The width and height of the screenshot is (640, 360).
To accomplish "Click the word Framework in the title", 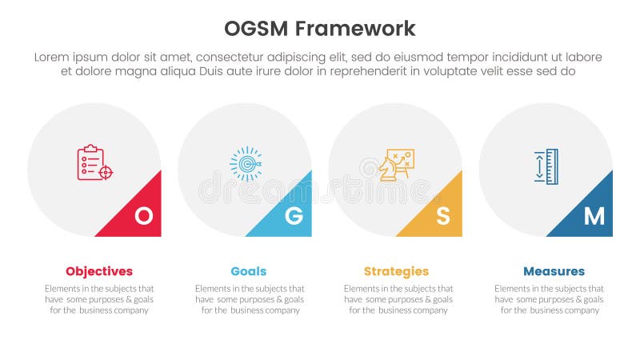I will pyautogui.click(x=355, y=29).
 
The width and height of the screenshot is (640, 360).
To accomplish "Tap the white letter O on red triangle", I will pyautogui.click(x=143, y=215).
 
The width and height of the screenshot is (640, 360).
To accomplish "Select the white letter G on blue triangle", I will pyautogui.click(x=294, y=215).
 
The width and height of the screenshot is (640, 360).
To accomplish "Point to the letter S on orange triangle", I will pyautogui.click(x=443, y=215).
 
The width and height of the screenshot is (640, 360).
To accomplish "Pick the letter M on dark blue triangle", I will pyautogui.click(x=594, y=215).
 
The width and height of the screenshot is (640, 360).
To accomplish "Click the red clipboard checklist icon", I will pyautogui.click(x=94, y=162).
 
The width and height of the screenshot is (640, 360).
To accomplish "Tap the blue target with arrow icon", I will pyautogui.click(x=246, y=163).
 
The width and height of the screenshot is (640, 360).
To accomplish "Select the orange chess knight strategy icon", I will pyautogui.click(x=395, y=164).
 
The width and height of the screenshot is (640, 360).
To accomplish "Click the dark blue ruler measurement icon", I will pyautogui.click(x=546, y=166).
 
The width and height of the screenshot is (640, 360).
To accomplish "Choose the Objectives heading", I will pyautogui.click(x=99, y=271).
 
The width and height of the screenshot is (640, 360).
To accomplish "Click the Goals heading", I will pyautogui.click(x=249, y=271).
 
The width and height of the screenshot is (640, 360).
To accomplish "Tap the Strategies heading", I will pyautogui.click(x=396, y=271).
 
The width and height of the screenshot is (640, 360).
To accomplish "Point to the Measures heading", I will pyautogui.click(x=554, y=271).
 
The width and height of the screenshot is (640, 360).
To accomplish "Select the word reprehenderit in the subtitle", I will pyautogui.click(x=363, y=71).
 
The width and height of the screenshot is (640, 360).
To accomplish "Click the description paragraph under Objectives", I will pyautogui.click(x=99, y=299).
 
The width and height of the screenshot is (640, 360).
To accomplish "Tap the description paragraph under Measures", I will pyautogui.click(x=549, y=299).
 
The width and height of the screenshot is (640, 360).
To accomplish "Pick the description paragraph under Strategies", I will pyautogui.click(x=398, y=299).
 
